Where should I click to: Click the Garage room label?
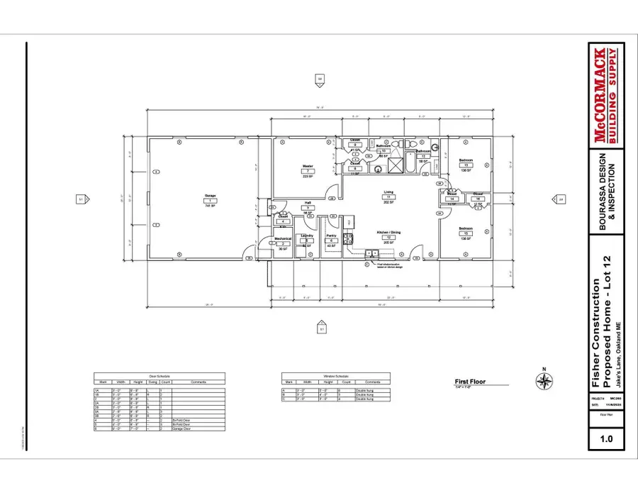(210, 196)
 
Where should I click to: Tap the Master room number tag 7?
(308, 171)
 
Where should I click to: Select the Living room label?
(389, 192)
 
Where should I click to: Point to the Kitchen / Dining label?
(389, 232)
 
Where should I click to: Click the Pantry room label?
(330, 235)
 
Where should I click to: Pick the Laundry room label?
(307, 235)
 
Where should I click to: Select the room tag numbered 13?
(466, 165)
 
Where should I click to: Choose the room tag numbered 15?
(466, 233)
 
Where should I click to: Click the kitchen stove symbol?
(348, 239)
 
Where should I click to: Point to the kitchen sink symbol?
(371, 253)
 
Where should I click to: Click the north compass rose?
(544, 382)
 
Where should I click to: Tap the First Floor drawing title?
(468, 382)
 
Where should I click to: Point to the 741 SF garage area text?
(210, 206)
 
